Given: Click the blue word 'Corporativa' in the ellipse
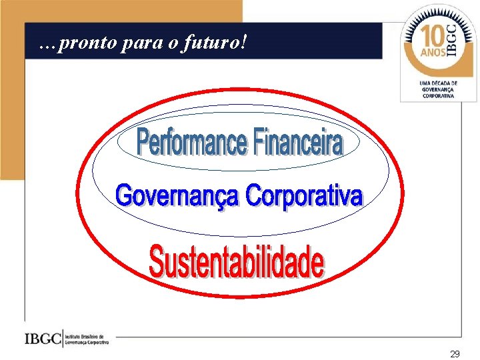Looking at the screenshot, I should [304, 196].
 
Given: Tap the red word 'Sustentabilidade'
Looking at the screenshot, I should [237, 262].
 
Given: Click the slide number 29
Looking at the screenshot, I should [455, 354].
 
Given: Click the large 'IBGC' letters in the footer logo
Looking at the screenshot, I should [43, 338].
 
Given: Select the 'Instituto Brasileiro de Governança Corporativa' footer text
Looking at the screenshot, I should [87, 339].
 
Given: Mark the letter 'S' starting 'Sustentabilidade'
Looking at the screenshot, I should [157, 261].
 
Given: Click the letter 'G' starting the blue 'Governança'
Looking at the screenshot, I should [125, 196].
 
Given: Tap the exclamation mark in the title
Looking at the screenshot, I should [245, 43].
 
